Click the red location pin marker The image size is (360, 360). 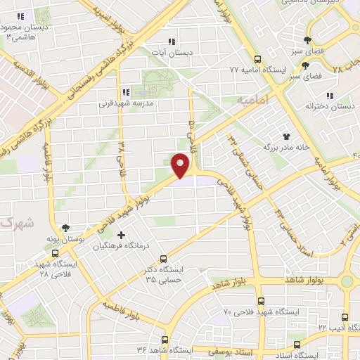coord(181,165)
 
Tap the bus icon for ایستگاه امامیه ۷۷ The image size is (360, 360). coord(258,59)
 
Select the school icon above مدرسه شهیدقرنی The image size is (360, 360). coord(125,91)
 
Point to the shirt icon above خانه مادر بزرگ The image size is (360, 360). coord(286,136)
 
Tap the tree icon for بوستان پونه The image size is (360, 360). coord(65,228)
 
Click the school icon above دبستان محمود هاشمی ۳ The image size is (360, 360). coord(21,16)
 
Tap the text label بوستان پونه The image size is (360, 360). coord(83,240)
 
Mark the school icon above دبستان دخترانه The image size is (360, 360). coord(329,96)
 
